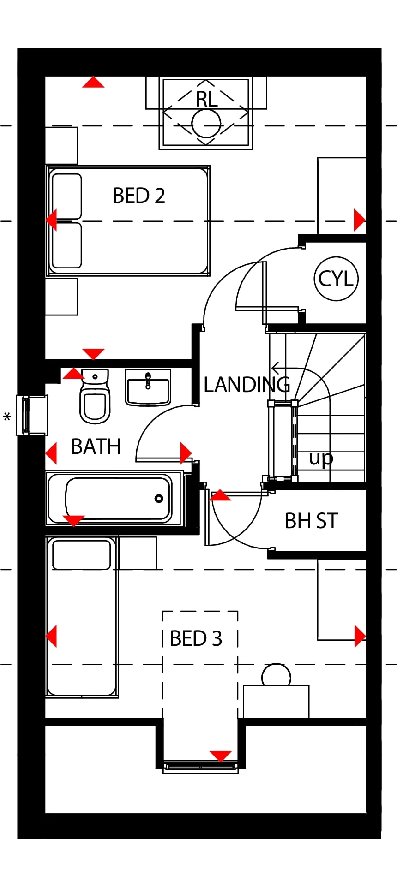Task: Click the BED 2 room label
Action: pos(138,196)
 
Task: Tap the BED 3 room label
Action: pos(196,639)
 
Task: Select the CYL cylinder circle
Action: pos(336,279)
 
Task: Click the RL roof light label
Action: pos(206,100)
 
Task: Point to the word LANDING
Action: pos(247,385)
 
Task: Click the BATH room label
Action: pos(96,446)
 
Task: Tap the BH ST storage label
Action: pos(311,521)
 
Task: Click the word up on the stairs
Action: pos(321,458)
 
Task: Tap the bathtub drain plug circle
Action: pos(159,498)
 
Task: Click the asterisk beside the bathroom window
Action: pos(7,417)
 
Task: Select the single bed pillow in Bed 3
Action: pos(81,555)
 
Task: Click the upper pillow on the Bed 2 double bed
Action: pos(67,196)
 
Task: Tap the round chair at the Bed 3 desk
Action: pos(276,676)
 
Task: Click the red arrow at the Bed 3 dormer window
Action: pos(220,756)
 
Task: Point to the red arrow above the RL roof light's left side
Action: pos(93,83)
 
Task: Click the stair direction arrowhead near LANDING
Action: pos(275,368)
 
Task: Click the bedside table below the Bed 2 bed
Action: pos(61,297)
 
